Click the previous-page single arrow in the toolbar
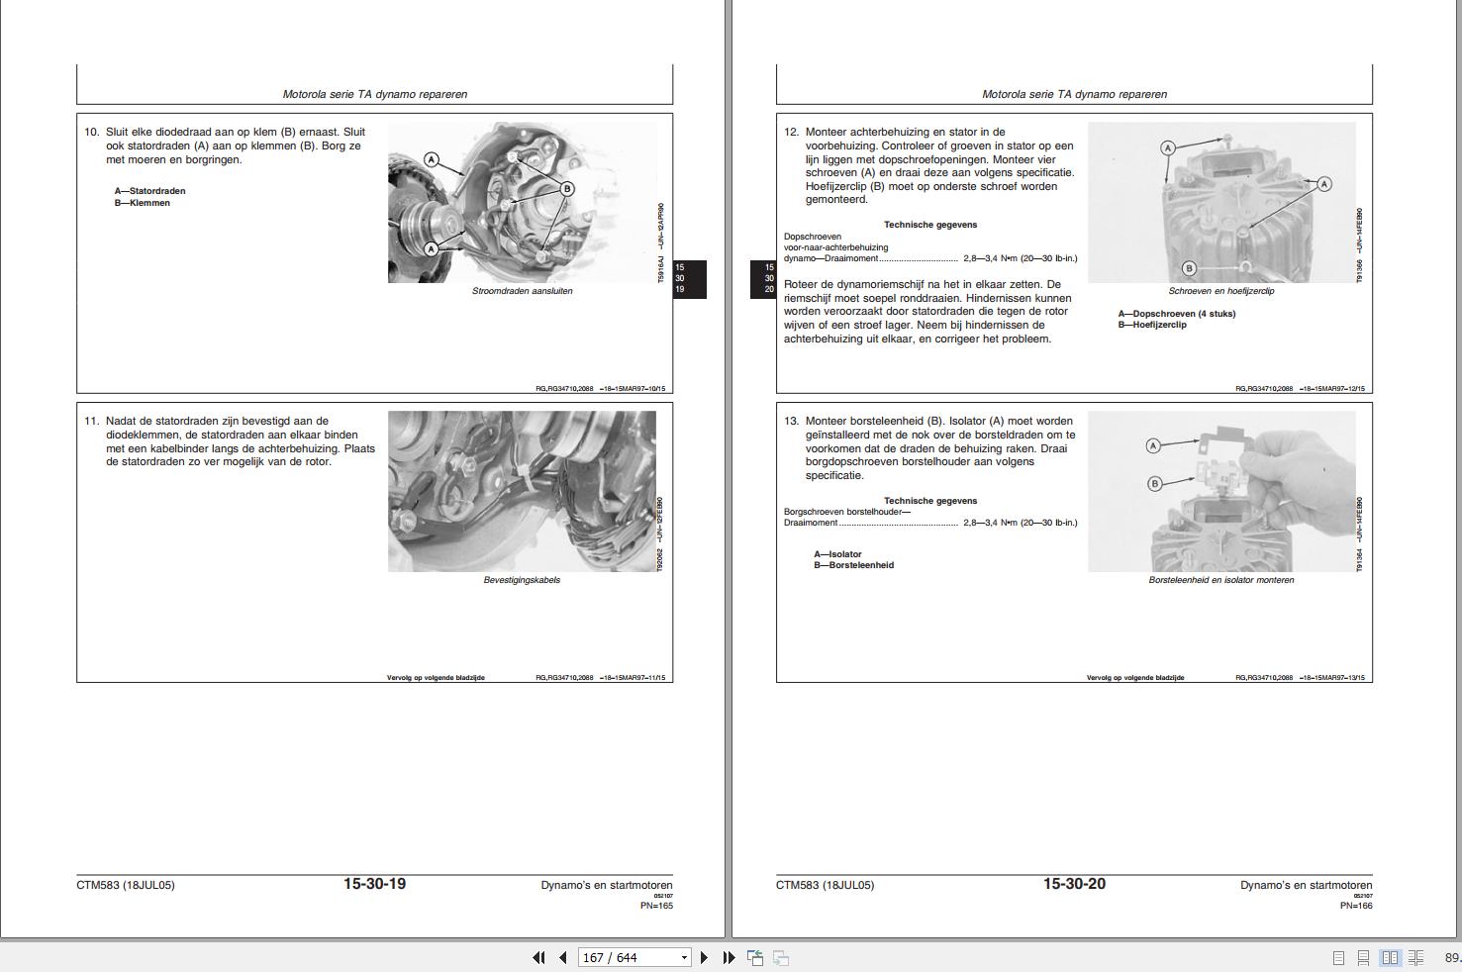[563, 958]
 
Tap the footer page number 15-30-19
[374, 884]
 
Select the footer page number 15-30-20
[1074, 884]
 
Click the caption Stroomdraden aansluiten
[522, 291]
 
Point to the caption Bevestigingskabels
[522, 580]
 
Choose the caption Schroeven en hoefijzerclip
[1220, 291]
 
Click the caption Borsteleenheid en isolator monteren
[1220, 580]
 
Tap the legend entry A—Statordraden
[149, 191]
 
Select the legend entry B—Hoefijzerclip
[1152, 325]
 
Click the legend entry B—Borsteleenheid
[853, 565]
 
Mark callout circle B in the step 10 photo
[567, 188]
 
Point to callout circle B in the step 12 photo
[1189, 267]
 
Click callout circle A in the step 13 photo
[1153, 446]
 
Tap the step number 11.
[92, 421]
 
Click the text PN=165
[656, 906]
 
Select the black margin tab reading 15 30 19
[690, 279]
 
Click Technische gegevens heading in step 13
[929, 501]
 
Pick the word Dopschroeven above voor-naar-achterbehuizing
[813, 237]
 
